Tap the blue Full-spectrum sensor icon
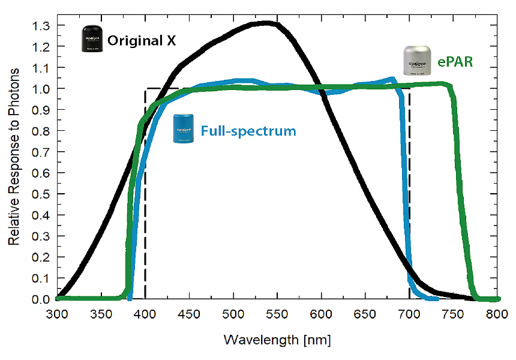[184, 129]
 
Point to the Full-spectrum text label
[248, 130]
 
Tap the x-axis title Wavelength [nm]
[277, 340]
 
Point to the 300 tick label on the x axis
[57, 314]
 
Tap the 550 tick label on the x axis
[277, 314]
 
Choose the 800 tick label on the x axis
[497, 314]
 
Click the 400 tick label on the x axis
[145, 314]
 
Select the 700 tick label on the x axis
[409, 314]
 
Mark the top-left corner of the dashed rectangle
[145, 89]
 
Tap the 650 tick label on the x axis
[365, 314]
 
